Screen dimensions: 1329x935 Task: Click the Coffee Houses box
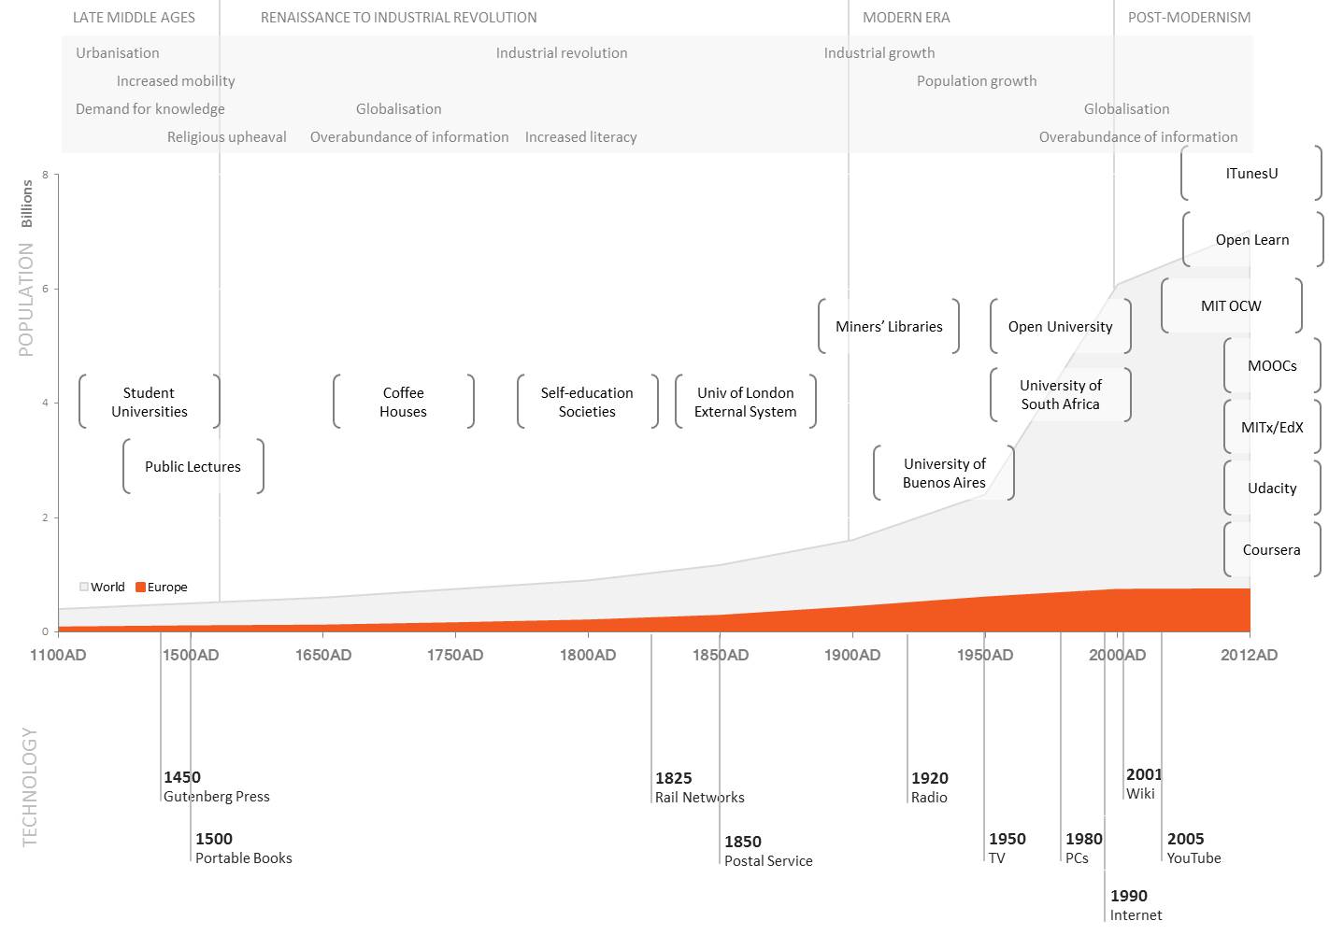pyautogui.click(x=404, y=402)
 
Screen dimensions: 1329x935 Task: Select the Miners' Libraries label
pyautogui.click(x=889, y=326)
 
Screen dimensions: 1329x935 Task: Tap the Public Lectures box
pyautogui.click(x=193, y=466)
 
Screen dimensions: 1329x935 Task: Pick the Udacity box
pyautogui.click(x=1272, y=488)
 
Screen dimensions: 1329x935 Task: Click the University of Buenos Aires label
pyautogui.click(x=944, y=473)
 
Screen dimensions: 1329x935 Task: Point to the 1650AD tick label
pyautogui.click(x=323, y=655)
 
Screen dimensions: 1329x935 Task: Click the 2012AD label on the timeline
pyautogui.click(x=1249, y=655)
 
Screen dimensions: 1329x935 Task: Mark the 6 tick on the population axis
pyautogui.click(x=45, y=289)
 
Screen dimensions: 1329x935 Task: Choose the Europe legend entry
pyautogui.click(x=162, y=587)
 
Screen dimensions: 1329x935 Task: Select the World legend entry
pyautogui.click(x=102, y=587)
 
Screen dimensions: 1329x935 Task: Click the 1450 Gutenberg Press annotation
pyautogui.click(x=217, y=786)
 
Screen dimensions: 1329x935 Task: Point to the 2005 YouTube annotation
pyautogui.click(x=1193, y=848)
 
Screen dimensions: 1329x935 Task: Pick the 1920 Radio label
pyautogui.click(x=930, y=787)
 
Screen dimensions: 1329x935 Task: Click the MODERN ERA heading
pyautogui.click(x=906, y=17)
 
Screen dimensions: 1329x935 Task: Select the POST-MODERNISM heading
pyautogui.click(x=1189, y=17)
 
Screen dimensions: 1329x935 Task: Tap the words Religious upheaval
pyautogui.click(x=227, y=137)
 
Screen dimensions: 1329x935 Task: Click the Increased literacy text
pyautogui.click(x=580, y=137)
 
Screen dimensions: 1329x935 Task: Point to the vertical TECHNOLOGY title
pyautogui.click(x=29, y=786)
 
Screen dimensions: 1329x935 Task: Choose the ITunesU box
pyautogui.click(x=1251, y=173)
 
